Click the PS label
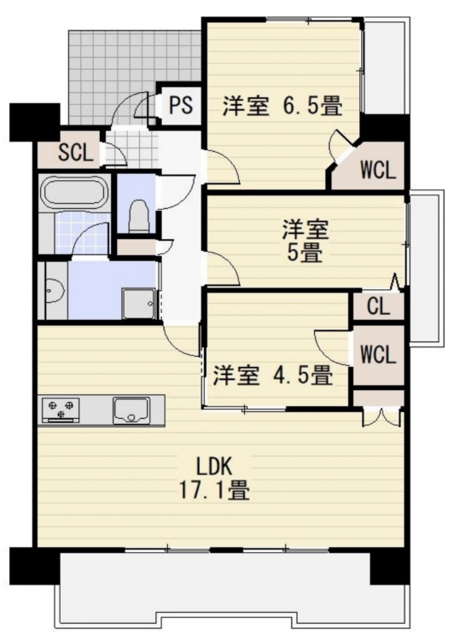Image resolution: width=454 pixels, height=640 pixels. coord(181,105)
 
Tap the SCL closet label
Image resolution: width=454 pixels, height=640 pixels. coord(76,153)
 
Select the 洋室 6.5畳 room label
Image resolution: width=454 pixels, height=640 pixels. coord(282,106)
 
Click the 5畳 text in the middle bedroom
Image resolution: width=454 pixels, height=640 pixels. coord(305,254)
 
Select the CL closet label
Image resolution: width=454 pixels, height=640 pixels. coord(378,306)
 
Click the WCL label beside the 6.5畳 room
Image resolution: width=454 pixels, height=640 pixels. coord(378,170)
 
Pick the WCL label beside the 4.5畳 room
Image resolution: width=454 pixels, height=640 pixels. coord(378,354)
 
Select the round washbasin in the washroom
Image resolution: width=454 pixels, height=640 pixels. coord(55,291)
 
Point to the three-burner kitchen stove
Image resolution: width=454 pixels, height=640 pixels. coord(61,410)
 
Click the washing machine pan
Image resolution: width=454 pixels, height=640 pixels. coord(138,303)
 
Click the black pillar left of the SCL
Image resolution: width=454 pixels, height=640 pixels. coord(35,122)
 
